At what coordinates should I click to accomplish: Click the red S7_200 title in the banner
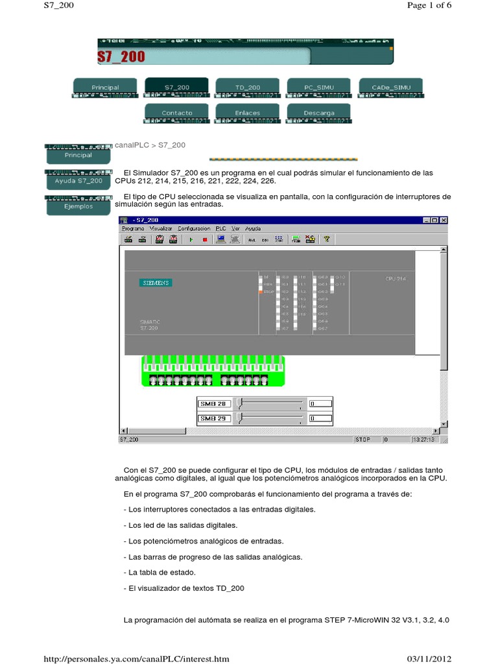pyautogui.click(x=121, y=56)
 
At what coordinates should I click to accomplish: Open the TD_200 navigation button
pyautogui.click(x=247, y=87)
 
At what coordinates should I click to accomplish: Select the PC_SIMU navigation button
pyautogui.click(x=318, y=87)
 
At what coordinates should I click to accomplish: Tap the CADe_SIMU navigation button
pyautogui.click(x=390, y=87)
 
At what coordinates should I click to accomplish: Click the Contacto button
pyautogui.click(x=176, y=113)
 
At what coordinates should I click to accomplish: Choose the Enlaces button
pyautogui.click(x=247, y=113)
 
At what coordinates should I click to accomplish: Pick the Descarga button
pyautogui.click(x=318, y=113)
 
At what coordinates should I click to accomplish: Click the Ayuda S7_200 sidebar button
pyautogui.click(x=78, y=181)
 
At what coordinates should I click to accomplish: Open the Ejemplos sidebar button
pyautogui.click(x=78, y=206)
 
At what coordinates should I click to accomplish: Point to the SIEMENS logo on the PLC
pyautogui.click(x=156, y=283)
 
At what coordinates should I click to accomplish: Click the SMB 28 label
pyautogui.click(x=213, y=404)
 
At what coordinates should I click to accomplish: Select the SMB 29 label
pyautogui.click(x=213, y=418)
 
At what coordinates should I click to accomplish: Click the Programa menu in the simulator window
pyautogui.click(x=132, y=228)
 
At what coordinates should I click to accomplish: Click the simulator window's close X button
pyautogui.click(x=444, y=220)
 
